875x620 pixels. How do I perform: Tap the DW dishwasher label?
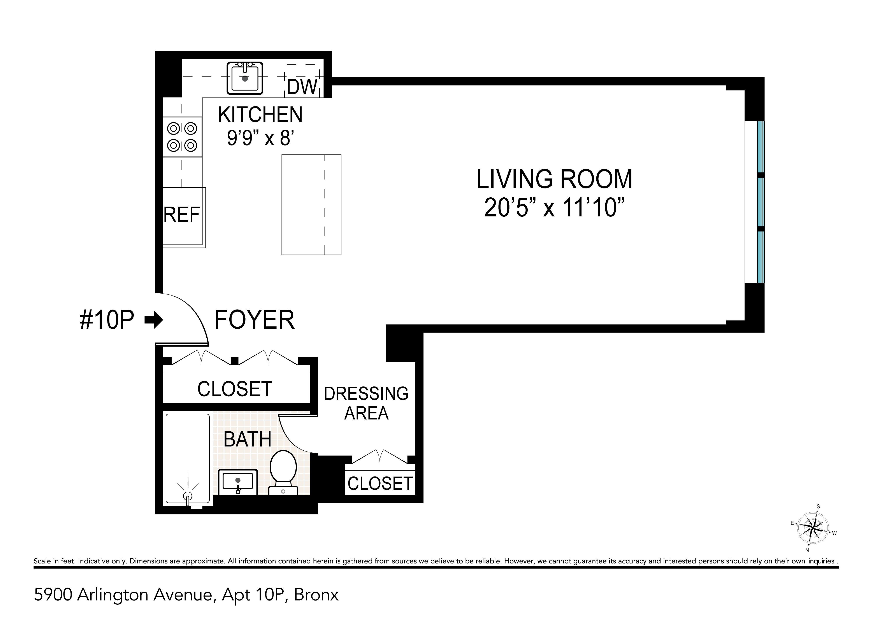coord(302,87)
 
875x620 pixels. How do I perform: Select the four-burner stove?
coord(182,137)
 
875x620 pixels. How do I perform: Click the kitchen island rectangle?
coord(311,205)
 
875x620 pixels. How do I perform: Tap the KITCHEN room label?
coord(260,115)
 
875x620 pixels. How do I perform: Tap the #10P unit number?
coord(107,320)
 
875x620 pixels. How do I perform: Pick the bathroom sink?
coord(238,482)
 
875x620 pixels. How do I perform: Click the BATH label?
coord(247,439)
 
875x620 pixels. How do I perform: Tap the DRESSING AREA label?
coord(366,403)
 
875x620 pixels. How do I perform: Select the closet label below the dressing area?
coord(380,484)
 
